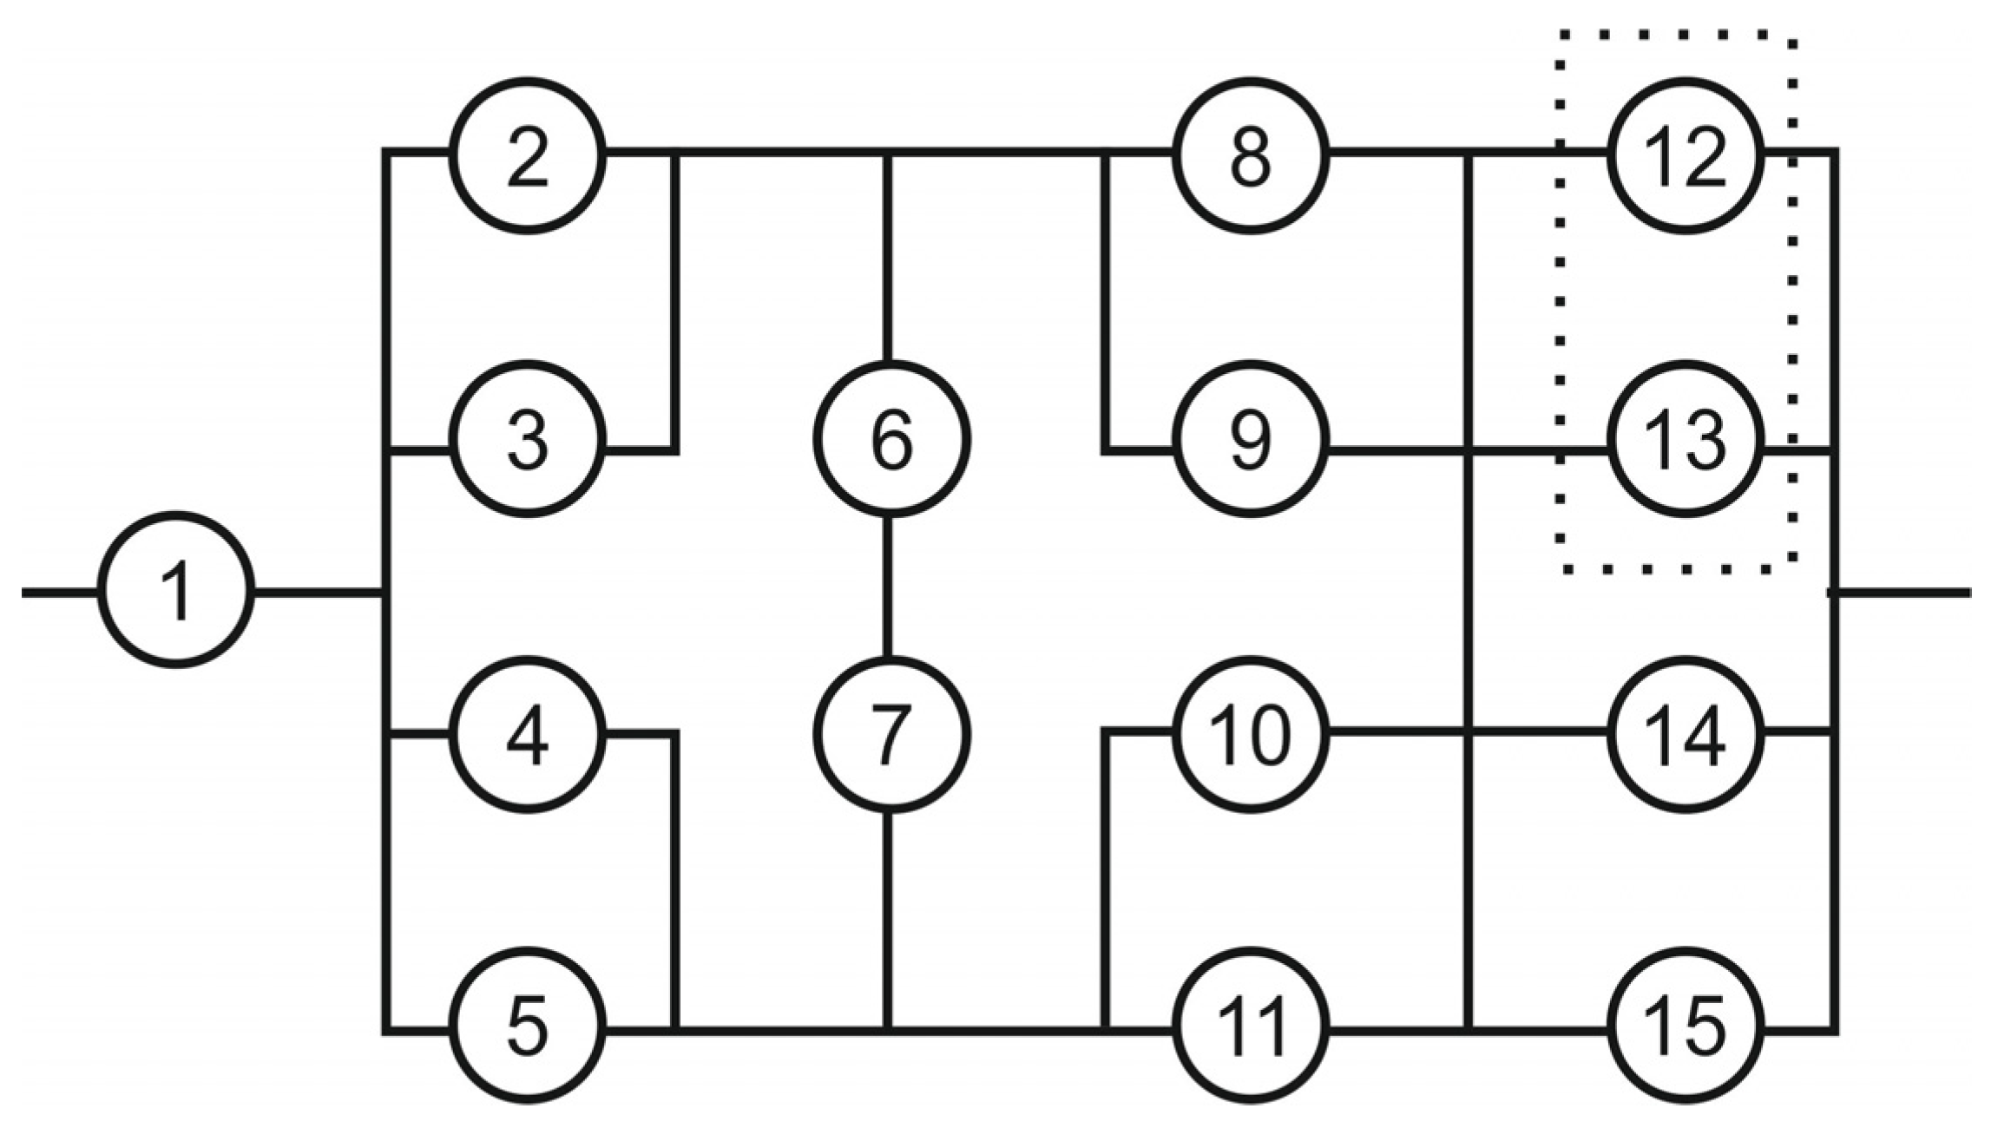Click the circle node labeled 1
tap(176, 591)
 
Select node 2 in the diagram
tap(527, 156)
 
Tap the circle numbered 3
tap(527, 440)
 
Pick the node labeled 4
tap(527, 734)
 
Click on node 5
tap(527, 1026)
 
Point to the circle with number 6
tap(891, 440)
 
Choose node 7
tap(891, 735)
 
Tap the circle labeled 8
tap(1250, 156)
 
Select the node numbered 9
tap(1250, 440)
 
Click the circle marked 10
tap(1250, 735)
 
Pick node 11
tap(1250, 1026)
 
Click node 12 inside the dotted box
tap(1686, 156)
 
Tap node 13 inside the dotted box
tap(1686, 440)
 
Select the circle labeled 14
tap(1686, 735)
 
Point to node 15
tap(1686, 1026)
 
